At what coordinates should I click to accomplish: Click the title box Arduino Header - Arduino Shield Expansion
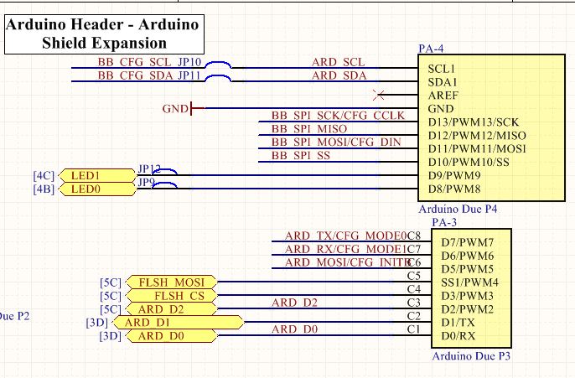coord(103,34)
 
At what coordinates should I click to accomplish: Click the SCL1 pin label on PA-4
coord(443,68)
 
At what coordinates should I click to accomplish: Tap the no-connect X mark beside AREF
coord(382,95)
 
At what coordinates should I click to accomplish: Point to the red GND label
coord(175,108)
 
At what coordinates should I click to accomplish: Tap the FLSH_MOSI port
coord(171,282)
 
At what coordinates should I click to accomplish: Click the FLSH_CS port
coord(171,296)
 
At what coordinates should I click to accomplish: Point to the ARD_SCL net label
coord(338,62)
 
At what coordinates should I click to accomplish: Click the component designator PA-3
coord(443,223)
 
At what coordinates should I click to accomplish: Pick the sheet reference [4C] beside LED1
coord(44,175)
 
